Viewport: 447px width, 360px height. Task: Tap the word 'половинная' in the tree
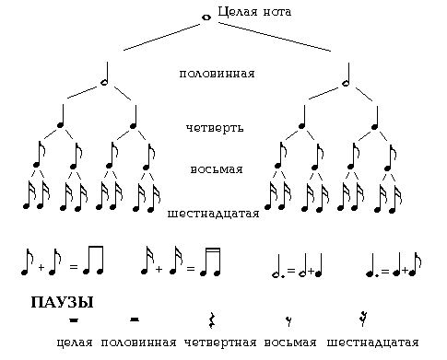(217, 73)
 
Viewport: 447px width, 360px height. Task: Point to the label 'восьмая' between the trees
(217, 170)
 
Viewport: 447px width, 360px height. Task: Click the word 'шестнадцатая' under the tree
(213, 215)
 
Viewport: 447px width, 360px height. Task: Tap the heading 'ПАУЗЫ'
(63, 302)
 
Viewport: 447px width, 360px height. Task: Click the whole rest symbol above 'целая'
(73, 320)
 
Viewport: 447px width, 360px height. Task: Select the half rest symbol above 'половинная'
(135, 319)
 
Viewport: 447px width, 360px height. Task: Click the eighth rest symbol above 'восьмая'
(289, 320)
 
